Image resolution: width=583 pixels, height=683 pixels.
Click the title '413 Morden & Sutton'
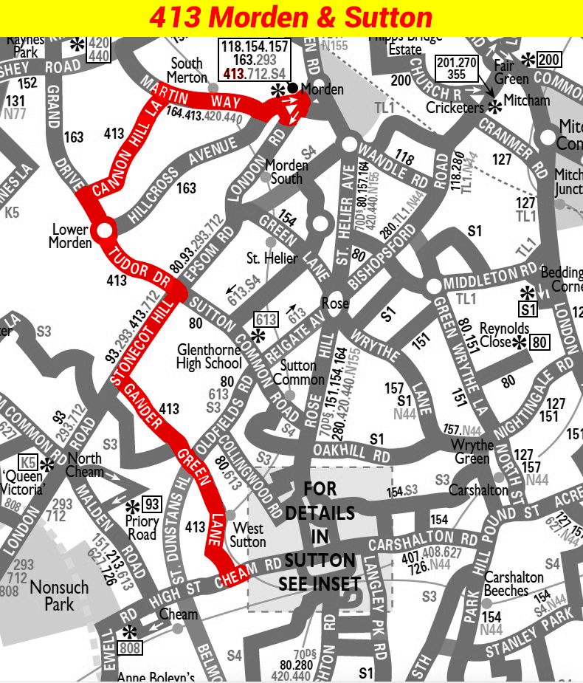click(291, 18)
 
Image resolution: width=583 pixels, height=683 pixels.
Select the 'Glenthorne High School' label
click(209, 356)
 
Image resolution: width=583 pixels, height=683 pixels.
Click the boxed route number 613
click(266, 319)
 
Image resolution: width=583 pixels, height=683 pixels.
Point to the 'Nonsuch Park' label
click(59, 596)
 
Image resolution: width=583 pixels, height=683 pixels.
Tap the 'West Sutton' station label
click(248, 535)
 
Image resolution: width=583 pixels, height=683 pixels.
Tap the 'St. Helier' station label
click(272, 258)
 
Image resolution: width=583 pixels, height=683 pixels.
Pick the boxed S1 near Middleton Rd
click(528, 309)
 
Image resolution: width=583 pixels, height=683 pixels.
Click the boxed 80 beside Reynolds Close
click(540, 342)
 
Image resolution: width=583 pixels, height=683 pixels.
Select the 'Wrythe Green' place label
click(472, 452)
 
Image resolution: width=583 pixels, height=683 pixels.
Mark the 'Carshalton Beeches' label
click(514, 584)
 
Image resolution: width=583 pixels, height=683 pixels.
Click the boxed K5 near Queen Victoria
click(28, 462)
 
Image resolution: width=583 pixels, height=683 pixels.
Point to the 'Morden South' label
click(286, 171)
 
